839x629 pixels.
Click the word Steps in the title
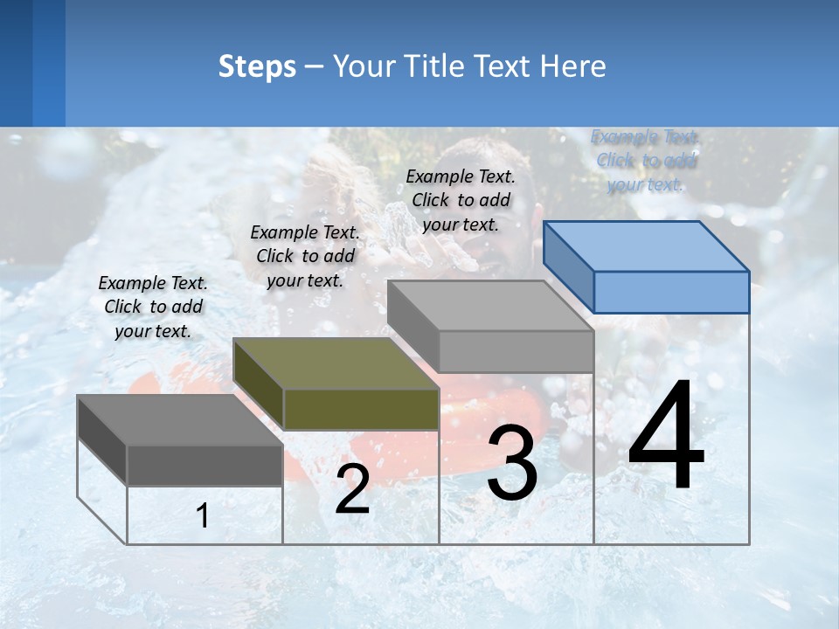point(257,66)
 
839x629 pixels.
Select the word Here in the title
point(573,66)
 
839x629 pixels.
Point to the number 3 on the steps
point(512,464)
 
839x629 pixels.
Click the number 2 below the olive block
point(352,490)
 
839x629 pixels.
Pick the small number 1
point(203,516)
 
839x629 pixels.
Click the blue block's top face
point(647,246)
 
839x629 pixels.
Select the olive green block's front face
point(361,409)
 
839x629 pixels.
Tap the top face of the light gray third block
point(489,306)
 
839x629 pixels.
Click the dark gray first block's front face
point(205,465)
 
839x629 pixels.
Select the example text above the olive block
point(305,256)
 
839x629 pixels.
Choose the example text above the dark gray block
point(153,307)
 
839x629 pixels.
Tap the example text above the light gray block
point(461,200)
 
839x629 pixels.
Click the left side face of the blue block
point(568,267)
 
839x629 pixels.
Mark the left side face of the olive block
point(259,384)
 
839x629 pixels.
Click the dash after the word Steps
point(314,67)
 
